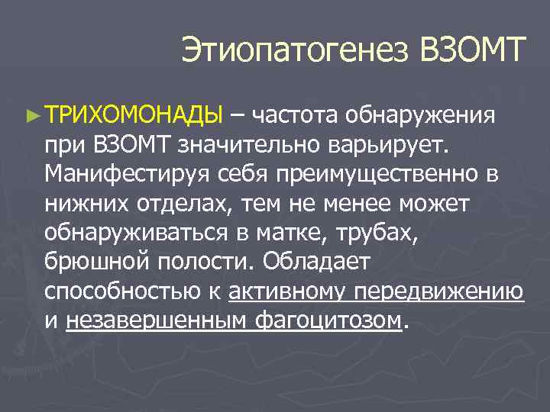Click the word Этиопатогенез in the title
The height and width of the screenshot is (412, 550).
coord(295,52)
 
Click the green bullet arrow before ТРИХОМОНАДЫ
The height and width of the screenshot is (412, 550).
coord(31,117)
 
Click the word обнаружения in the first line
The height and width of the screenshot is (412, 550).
coord(422,116)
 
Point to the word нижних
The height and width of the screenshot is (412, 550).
coord(82,203)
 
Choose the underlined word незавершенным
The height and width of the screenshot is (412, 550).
coord(156,320)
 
